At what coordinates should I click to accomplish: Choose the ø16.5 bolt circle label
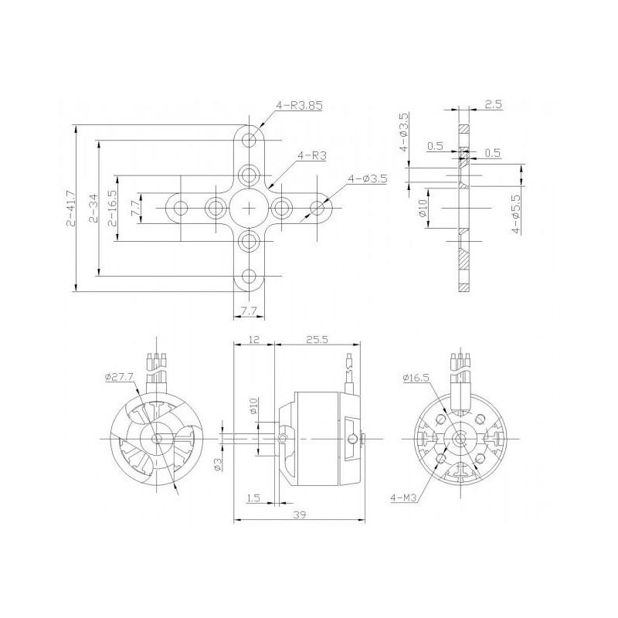(416, 377)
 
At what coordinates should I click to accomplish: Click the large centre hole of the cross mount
(249, 208)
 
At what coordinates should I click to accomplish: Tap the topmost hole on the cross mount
(249, 140)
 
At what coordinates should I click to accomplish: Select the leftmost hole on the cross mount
(182, 208)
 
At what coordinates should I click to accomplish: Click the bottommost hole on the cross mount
(249, 276)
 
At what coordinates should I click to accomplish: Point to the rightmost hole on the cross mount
(317, 208)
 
